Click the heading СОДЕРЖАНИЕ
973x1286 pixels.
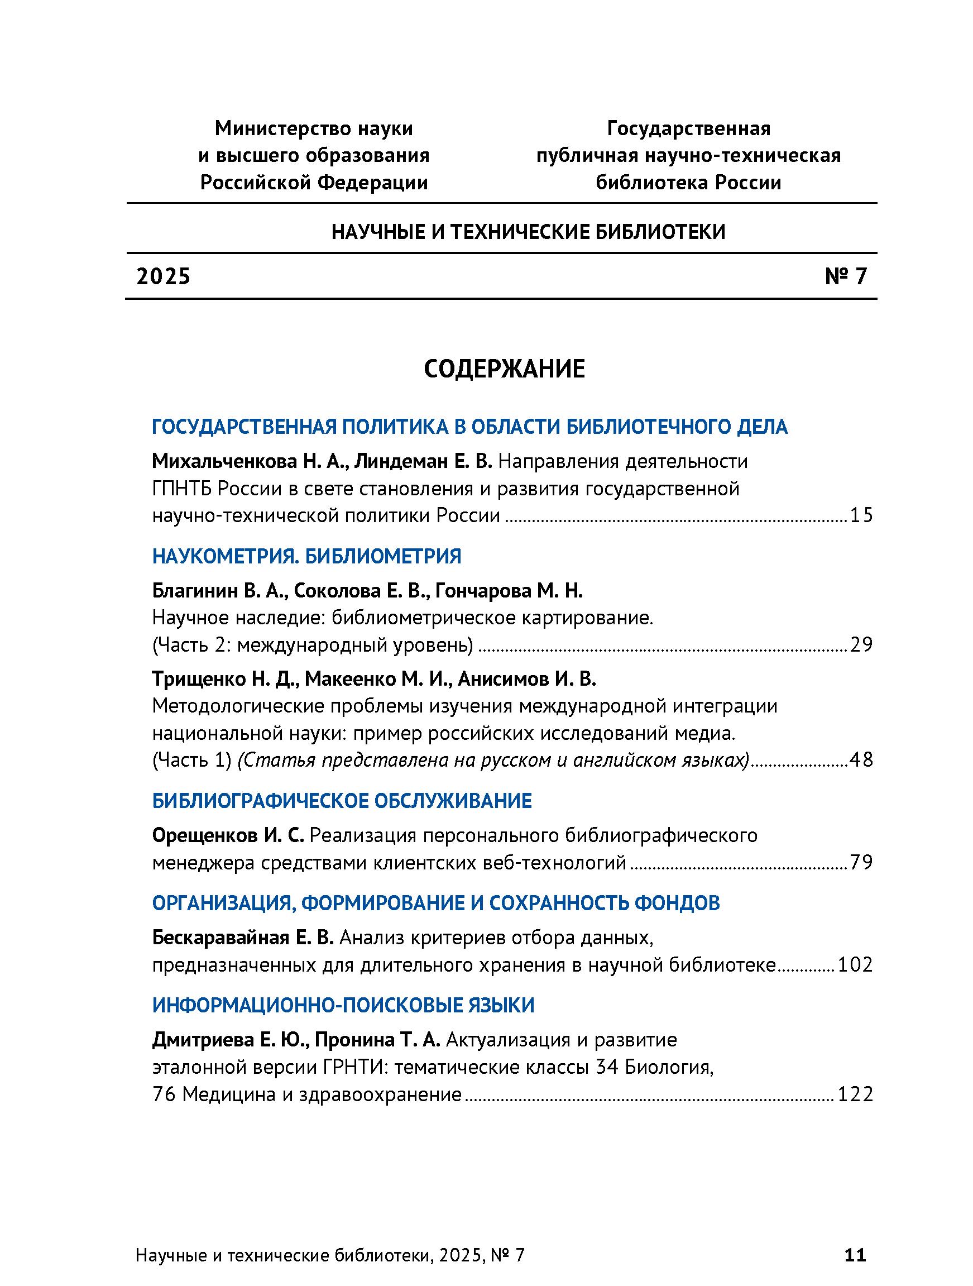(x=504, y=369)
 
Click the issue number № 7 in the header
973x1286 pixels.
(x=846, y=276)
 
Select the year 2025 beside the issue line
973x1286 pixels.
(x=164, y=277)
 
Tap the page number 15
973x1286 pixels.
(x=861, y=515)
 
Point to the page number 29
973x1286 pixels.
(x=861, y=645)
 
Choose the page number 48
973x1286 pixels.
(x=861, y=760)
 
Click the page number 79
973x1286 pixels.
(x=861, y=862)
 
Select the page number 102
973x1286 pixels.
(x=855, y=964)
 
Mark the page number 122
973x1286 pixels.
(x=855, y=1094)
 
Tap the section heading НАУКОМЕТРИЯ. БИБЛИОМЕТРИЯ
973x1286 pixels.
(x=306, y=556)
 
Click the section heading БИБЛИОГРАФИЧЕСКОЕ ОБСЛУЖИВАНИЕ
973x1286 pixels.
(x=342, y=801)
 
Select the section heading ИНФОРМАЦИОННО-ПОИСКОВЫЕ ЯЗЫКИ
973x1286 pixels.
(x=343, y=1005)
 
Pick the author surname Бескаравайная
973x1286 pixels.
(x=221, y=938)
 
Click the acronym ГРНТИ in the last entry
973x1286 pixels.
(x=355, y=1068)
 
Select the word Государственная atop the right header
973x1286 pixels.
(x=689, y=128)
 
